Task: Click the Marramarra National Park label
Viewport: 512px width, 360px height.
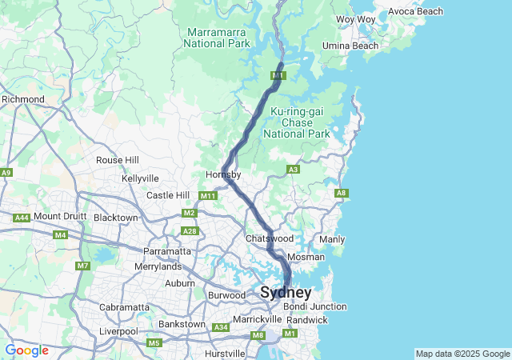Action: (x=218, y=38)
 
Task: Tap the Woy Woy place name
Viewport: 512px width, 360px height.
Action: (x=356, y=19)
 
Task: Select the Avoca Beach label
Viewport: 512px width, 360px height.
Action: (x=415, y=11)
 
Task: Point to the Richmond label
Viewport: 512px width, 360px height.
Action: (x=22, y=99)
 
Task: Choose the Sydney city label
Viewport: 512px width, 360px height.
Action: (x=286, y=293)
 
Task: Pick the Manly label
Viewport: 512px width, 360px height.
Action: (x=332, y=239)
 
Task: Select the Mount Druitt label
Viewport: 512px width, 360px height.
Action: (x=59, y=216)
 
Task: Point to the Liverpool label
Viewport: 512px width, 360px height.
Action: (x=118, y=331)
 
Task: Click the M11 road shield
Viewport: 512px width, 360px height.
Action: (x=208, y=196)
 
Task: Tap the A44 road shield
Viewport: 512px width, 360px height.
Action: (x=21, y=218)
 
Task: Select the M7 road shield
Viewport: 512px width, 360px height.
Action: (x=83, y=266)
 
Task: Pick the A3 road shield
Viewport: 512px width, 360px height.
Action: (x=294, y=170)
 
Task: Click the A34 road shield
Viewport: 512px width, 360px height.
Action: (x=221, y=327)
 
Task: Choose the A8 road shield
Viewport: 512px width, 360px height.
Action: (x=342, y=193)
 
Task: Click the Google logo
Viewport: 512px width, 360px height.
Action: (x=26, y=350)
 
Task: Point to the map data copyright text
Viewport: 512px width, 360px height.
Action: (x=462, y=354)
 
